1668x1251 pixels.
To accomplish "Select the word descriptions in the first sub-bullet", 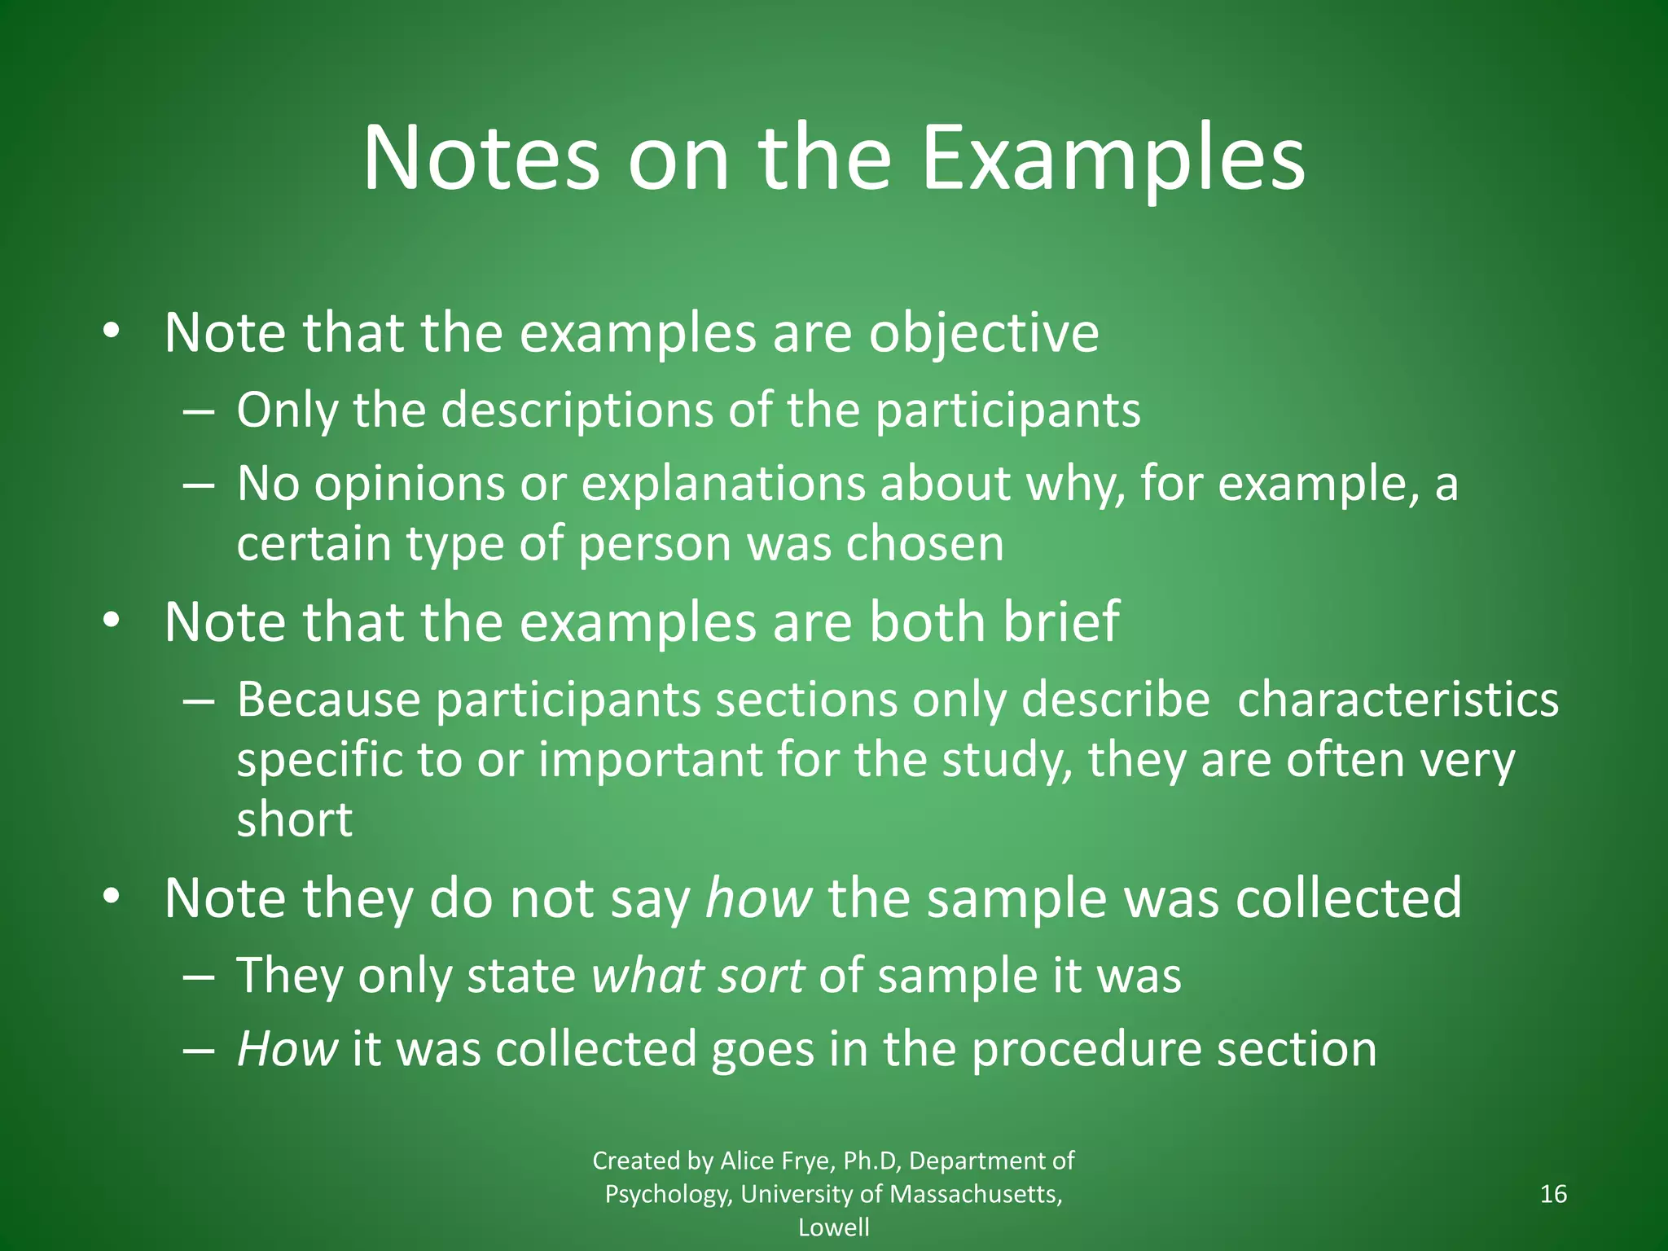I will click(577, 410).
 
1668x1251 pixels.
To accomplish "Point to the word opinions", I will click(410, 485).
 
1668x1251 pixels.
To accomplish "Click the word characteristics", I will click(1398, 700).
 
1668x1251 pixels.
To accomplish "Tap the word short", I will click(294, 819).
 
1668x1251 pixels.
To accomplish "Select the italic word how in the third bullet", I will click(758, 898).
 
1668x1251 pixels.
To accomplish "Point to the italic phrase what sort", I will click(698, 976).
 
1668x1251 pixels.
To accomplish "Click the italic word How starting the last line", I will click(287, 1049).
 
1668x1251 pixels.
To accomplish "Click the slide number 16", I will click(1554, 1194).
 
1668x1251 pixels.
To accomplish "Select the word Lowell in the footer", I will click(833, 1227).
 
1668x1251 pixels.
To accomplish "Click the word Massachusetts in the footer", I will click(976, 1194).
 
